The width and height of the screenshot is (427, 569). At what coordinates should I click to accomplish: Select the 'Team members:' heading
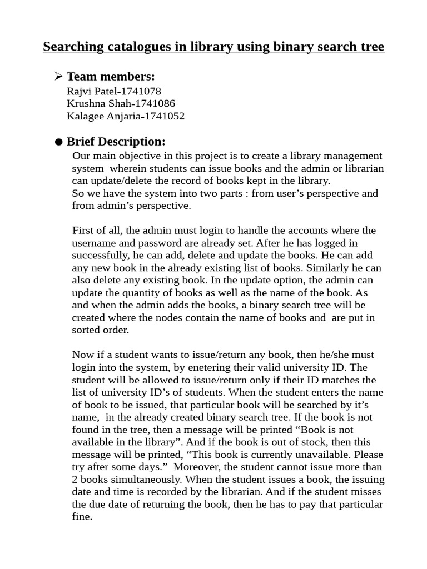[111, 77]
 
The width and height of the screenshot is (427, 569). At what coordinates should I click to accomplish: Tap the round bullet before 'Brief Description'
[59, 143]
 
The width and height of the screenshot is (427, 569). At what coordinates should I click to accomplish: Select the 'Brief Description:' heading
[116, 142]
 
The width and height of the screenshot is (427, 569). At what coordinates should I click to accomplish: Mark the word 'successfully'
[98, 256]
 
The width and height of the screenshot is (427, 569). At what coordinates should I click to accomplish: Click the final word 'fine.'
[82, 517]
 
